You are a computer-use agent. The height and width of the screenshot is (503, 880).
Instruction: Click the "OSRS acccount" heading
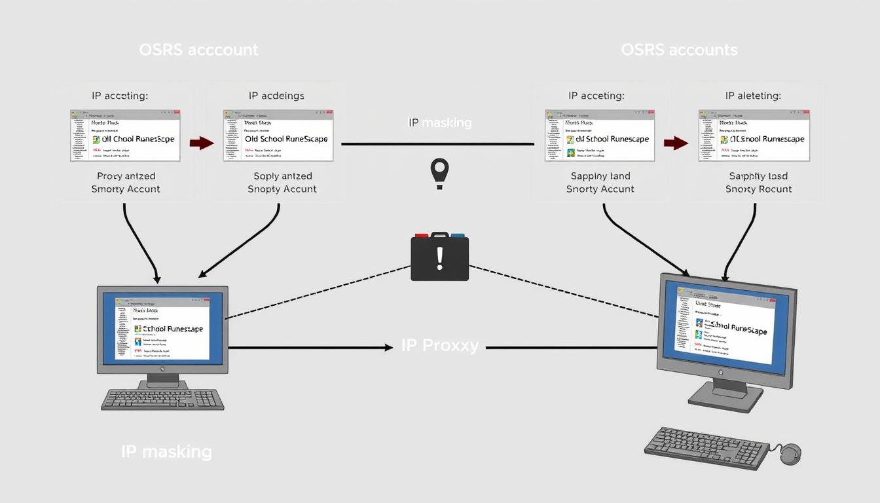tap(198, 50)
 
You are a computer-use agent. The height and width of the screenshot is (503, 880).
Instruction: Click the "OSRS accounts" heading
tap(679, 50)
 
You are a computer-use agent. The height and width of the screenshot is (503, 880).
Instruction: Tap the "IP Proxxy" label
tap(439, 346)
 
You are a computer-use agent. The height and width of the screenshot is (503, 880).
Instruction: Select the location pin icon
tap(439, 172)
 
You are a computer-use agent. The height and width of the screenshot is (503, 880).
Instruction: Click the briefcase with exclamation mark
tap(439, 257)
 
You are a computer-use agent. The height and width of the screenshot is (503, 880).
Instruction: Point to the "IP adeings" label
tap(276, 96)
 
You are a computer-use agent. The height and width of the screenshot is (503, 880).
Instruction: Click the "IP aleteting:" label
tap(752, 96)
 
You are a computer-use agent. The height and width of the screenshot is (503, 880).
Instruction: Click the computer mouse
tap(790, 453)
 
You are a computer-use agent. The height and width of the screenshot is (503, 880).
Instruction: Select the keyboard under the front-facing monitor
tap(162, 399)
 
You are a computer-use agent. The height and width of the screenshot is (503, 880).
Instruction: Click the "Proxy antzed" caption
tap(126, 176)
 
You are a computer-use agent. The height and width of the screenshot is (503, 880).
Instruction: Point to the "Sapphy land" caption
tap(600, 176)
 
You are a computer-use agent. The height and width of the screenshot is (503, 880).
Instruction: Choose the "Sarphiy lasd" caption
tap(758, 176)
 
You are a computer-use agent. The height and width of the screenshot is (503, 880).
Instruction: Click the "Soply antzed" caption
tap(282, 176)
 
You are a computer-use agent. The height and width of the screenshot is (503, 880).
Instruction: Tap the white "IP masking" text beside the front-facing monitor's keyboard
tap(166, 451)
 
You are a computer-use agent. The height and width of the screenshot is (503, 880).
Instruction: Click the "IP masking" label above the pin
tap(439, 122)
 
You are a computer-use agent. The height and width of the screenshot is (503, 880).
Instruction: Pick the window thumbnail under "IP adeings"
tap(278, 136)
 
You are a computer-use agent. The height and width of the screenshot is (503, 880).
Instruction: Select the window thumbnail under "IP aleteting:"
tap(754, 136)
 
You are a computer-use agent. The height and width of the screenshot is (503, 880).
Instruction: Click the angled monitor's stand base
tap(725, 398)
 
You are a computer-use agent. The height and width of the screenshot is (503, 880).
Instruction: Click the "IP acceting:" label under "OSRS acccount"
tap(120, 96)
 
